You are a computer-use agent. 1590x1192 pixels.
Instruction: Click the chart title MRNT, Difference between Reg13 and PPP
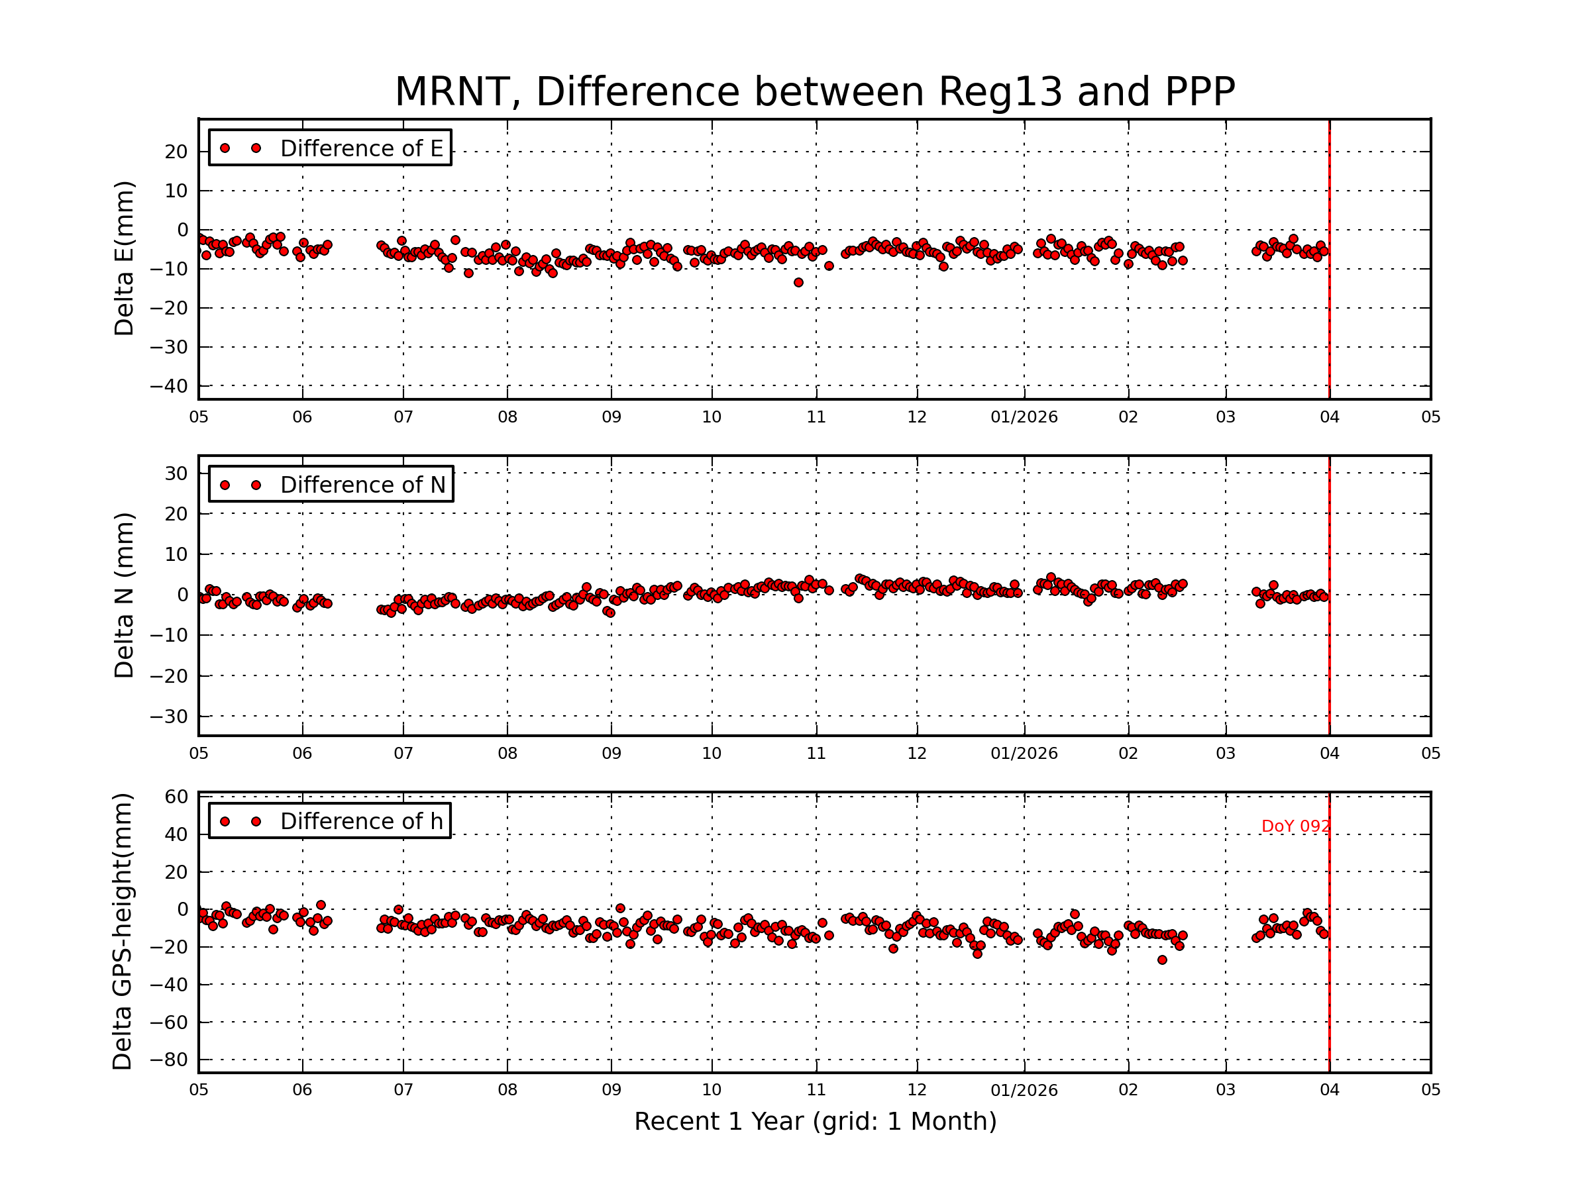[814, 92]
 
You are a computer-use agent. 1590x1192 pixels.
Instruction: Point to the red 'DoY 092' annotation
[1295, 827]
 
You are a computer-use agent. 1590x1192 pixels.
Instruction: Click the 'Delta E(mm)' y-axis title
[124, 259]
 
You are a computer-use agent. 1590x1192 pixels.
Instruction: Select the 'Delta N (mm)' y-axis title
[124, 595]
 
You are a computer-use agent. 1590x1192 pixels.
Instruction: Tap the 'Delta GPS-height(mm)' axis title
[122, 932]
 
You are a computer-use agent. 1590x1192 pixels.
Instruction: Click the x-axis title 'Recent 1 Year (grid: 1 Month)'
[815, 1122]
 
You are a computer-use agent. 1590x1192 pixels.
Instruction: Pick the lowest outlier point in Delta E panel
[798, 283]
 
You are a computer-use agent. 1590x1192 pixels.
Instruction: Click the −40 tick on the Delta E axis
[168, 387]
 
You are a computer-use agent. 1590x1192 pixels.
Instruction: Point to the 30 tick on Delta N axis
[176, 473]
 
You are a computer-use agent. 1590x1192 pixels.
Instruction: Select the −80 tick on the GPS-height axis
[168, 1060]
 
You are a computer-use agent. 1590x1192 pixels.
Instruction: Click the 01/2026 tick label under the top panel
[1024, 417]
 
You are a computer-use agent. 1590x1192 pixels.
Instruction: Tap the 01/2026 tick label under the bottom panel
[1024, 1090]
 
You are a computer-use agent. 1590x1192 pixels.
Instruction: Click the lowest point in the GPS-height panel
[1162, 960]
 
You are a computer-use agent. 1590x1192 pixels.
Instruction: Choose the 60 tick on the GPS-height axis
[176, 797]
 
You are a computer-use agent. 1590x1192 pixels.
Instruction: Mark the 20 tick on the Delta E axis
[176, 152]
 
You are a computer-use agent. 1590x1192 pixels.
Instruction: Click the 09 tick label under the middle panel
[611, 754]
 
